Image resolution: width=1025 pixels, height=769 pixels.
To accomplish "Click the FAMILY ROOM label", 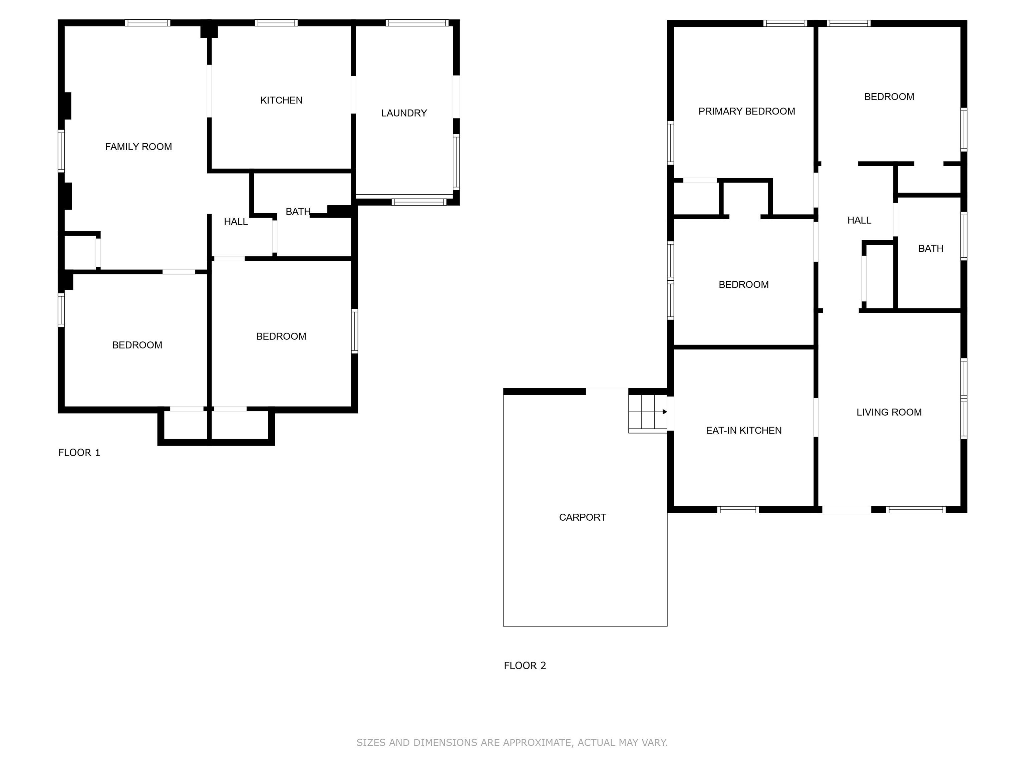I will point(138,147).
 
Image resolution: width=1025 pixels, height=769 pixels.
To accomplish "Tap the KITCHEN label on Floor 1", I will point(281,100).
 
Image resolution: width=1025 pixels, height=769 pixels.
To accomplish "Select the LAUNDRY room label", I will point(404,113).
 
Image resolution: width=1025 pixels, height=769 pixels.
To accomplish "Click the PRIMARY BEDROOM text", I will point(746,111).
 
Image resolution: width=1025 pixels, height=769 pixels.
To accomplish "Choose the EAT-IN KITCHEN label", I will point(743,431).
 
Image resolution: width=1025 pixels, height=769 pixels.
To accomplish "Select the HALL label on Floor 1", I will point(236,222).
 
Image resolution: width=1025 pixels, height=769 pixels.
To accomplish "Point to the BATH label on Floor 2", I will point(931,248).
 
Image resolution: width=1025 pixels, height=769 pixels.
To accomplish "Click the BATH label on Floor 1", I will point(298,212).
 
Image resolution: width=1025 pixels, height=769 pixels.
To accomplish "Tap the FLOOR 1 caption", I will point(79,453).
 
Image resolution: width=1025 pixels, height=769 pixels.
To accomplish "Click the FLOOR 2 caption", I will point(525,666).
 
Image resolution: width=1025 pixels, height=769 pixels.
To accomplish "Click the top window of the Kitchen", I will point(276,23).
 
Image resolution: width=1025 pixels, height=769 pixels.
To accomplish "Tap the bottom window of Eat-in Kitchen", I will point(738,509).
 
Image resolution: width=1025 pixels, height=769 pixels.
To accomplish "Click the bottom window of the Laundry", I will point(418,202).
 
